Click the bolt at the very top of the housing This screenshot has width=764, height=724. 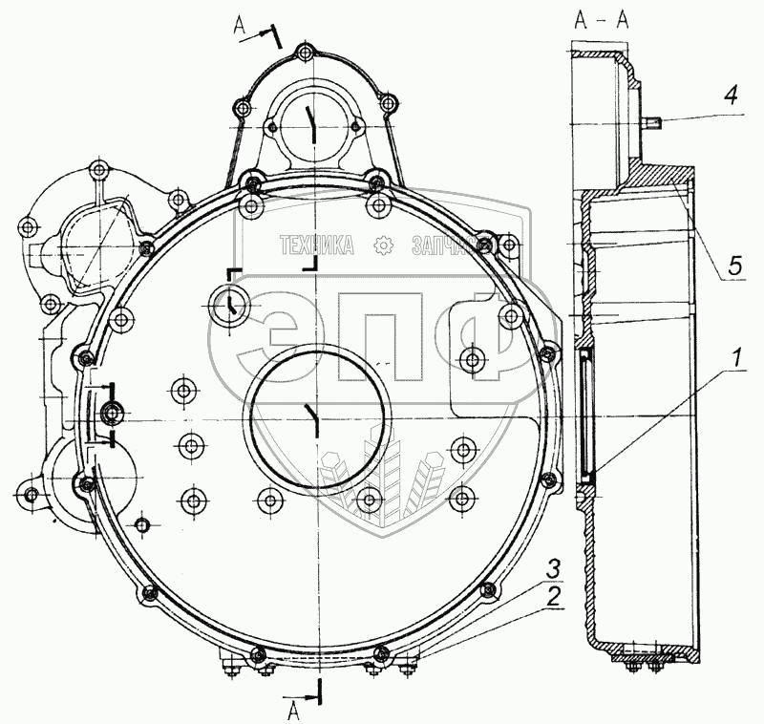tap(306, 52)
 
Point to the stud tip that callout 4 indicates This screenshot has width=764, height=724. tap(658, 120)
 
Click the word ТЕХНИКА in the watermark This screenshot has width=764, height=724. tap(316, 246)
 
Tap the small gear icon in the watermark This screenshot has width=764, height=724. tap(383, 245)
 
